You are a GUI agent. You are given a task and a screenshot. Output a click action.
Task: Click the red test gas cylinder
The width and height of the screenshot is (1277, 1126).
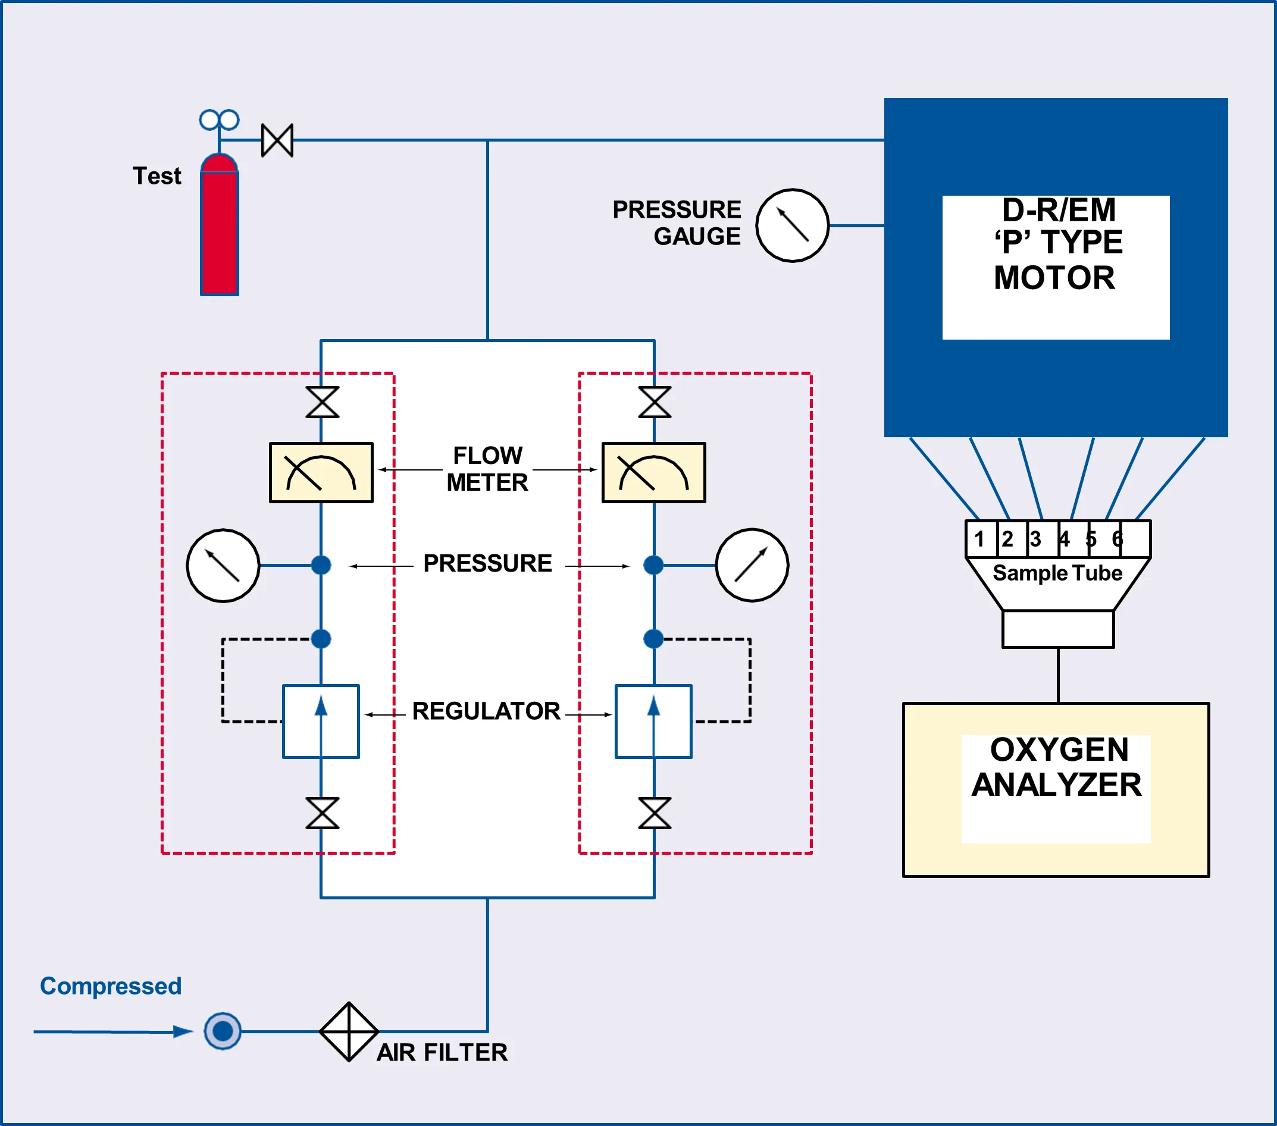[x=220, y=228]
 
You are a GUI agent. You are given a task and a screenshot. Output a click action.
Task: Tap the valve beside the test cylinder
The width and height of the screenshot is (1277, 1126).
[x=277, y=140]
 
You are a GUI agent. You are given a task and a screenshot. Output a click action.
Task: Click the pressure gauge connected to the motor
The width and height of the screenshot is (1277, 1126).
[x=792, y=225]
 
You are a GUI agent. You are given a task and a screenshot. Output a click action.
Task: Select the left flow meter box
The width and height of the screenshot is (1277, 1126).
[x=321, y=473]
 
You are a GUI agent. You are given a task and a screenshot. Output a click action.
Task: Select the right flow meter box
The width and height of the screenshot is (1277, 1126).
[x=653, y=473]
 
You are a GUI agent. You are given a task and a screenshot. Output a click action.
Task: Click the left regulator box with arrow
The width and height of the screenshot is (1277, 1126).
[x=321, y=722]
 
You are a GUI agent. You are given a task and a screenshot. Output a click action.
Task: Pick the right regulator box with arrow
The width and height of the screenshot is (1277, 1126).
[x=653, y=722]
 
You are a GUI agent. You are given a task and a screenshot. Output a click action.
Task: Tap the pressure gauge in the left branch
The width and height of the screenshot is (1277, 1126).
[x=223, y=566]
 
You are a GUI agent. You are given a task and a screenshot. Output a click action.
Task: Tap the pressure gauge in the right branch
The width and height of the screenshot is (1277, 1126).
[x=752, y=565]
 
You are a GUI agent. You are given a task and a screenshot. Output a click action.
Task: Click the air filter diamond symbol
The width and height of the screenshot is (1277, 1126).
[x=349, y=1031]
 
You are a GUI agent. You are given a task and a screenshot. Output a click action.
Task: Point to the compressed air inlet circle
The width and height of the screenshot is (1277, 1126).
[x=223, y=1031]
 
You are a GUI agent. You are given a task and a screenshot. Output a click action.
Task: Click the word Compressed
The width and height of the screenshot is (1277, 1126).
[x=111, y=986]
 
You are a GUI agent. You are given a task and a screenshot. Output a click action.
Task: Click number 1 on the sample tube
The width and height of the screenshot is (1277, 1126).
[x=979, y=538]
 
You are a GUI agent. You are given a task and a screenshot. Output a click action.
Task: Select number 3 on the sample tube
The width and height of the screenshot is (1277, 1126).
[x=1035, y=538]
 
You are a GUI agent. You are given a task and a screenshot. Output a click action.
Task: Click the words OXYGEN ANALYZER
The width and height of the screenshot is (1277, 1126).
[x=1057, y=767]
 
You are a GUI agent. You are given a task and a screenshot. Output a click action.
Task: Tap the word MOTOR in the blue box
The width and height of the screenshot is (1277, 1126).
[x=1054, y=278]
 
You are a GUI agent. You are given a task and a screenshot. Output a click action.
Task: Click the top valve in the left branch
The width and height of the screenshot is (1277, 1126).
[x=323, y=402]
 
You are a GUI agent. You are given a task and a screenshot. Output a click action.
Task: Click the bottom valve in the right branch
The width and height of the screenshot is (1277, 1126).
[x=655, y=813]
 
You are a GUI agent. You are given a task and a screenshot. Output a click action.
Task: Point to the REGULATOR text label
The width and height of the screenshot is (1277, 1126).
[x=486, y=711]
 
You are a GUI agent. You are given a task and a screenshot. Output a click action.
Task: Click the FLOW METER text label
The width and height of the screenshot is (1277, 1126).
[x=487, y=469]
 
